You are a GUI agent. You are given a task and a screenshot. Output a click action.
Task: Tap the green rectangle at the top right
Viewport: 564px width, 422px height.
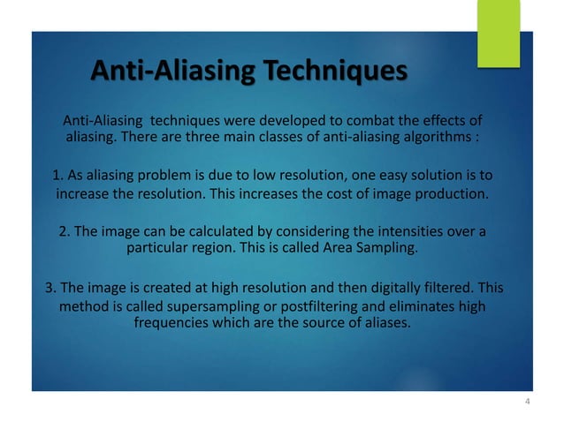[x=498, y=32]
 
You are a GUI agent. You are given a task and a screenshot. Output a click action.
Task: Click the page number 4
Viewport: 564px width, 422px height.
[x=527, y=403]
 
